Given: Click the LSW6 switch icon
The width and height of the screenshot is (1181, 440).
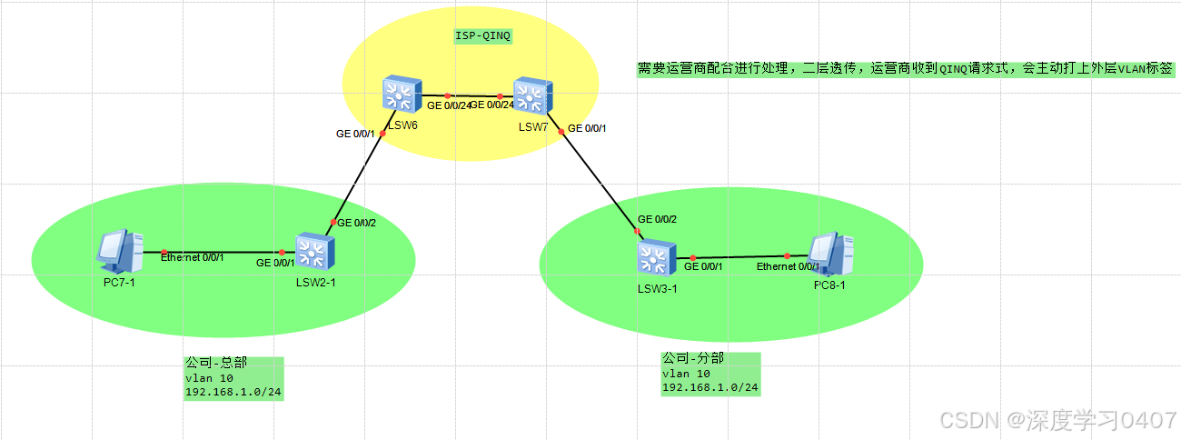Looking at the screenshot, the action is point(400,95).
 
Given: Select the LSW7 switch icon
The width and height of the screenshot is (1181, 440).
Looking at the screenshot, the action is point(533,95).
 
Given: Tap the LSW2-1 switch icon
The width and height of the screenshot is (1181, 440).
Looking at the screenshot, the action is point(316,252).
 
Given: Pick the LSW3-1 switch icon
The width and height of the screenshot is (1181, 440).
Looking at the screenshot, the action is point(655,259).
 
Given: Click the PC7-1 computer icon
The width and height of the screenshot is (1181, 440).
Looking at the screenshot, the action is point(120,251).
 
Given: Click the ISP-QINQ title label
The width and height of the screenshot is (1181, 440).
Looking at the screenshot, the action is point(482,36).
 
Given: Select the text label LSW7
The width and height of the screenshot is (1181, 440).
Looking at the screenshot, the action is point(533,126).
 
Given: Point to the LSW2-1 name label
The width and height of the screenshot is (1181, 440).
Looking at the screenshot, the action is point(316,283).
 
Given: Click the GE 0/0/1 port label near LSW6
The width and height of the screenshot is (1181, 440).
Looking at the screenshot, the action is point(355,134).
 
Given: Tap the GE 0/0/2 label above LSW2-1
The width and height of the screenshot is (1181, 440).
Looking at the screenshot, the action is point(357,223).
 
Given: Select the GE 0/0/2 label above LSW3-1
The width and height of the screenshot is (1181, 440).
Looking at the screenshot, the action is point(658,219).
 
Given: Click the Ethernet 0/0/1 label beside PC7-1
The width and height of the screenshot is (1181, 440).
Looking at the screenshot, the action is point(193,258).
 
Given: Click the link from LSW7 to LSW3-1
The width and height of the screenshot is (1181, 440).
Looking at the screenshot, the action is point(600,182).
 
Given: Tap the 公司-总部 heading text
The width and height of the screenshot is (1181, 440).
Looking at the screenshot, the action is point(216,362).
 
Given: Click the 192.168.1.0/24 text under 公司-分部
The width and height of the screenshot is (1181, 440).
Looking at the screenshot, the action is point(710,387).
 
